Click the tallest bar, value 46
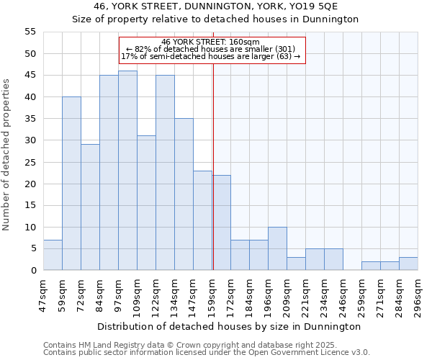point(127,171)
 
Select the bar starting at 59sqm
point(71,184)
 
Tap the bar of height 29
point(90,207)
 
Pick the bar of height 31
point(146,203)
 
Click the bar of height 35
point(184,194)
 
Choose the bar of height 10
point(277,248)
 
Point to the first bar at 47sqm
point(53,255)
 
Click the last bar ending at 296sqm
point(408,264)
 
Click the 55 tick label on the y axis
point(30,32)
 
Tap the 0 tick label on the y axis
point(32,271)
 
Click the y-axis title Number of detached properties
point(7,155)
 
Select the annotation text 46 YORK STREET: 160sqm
point(211,42)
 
